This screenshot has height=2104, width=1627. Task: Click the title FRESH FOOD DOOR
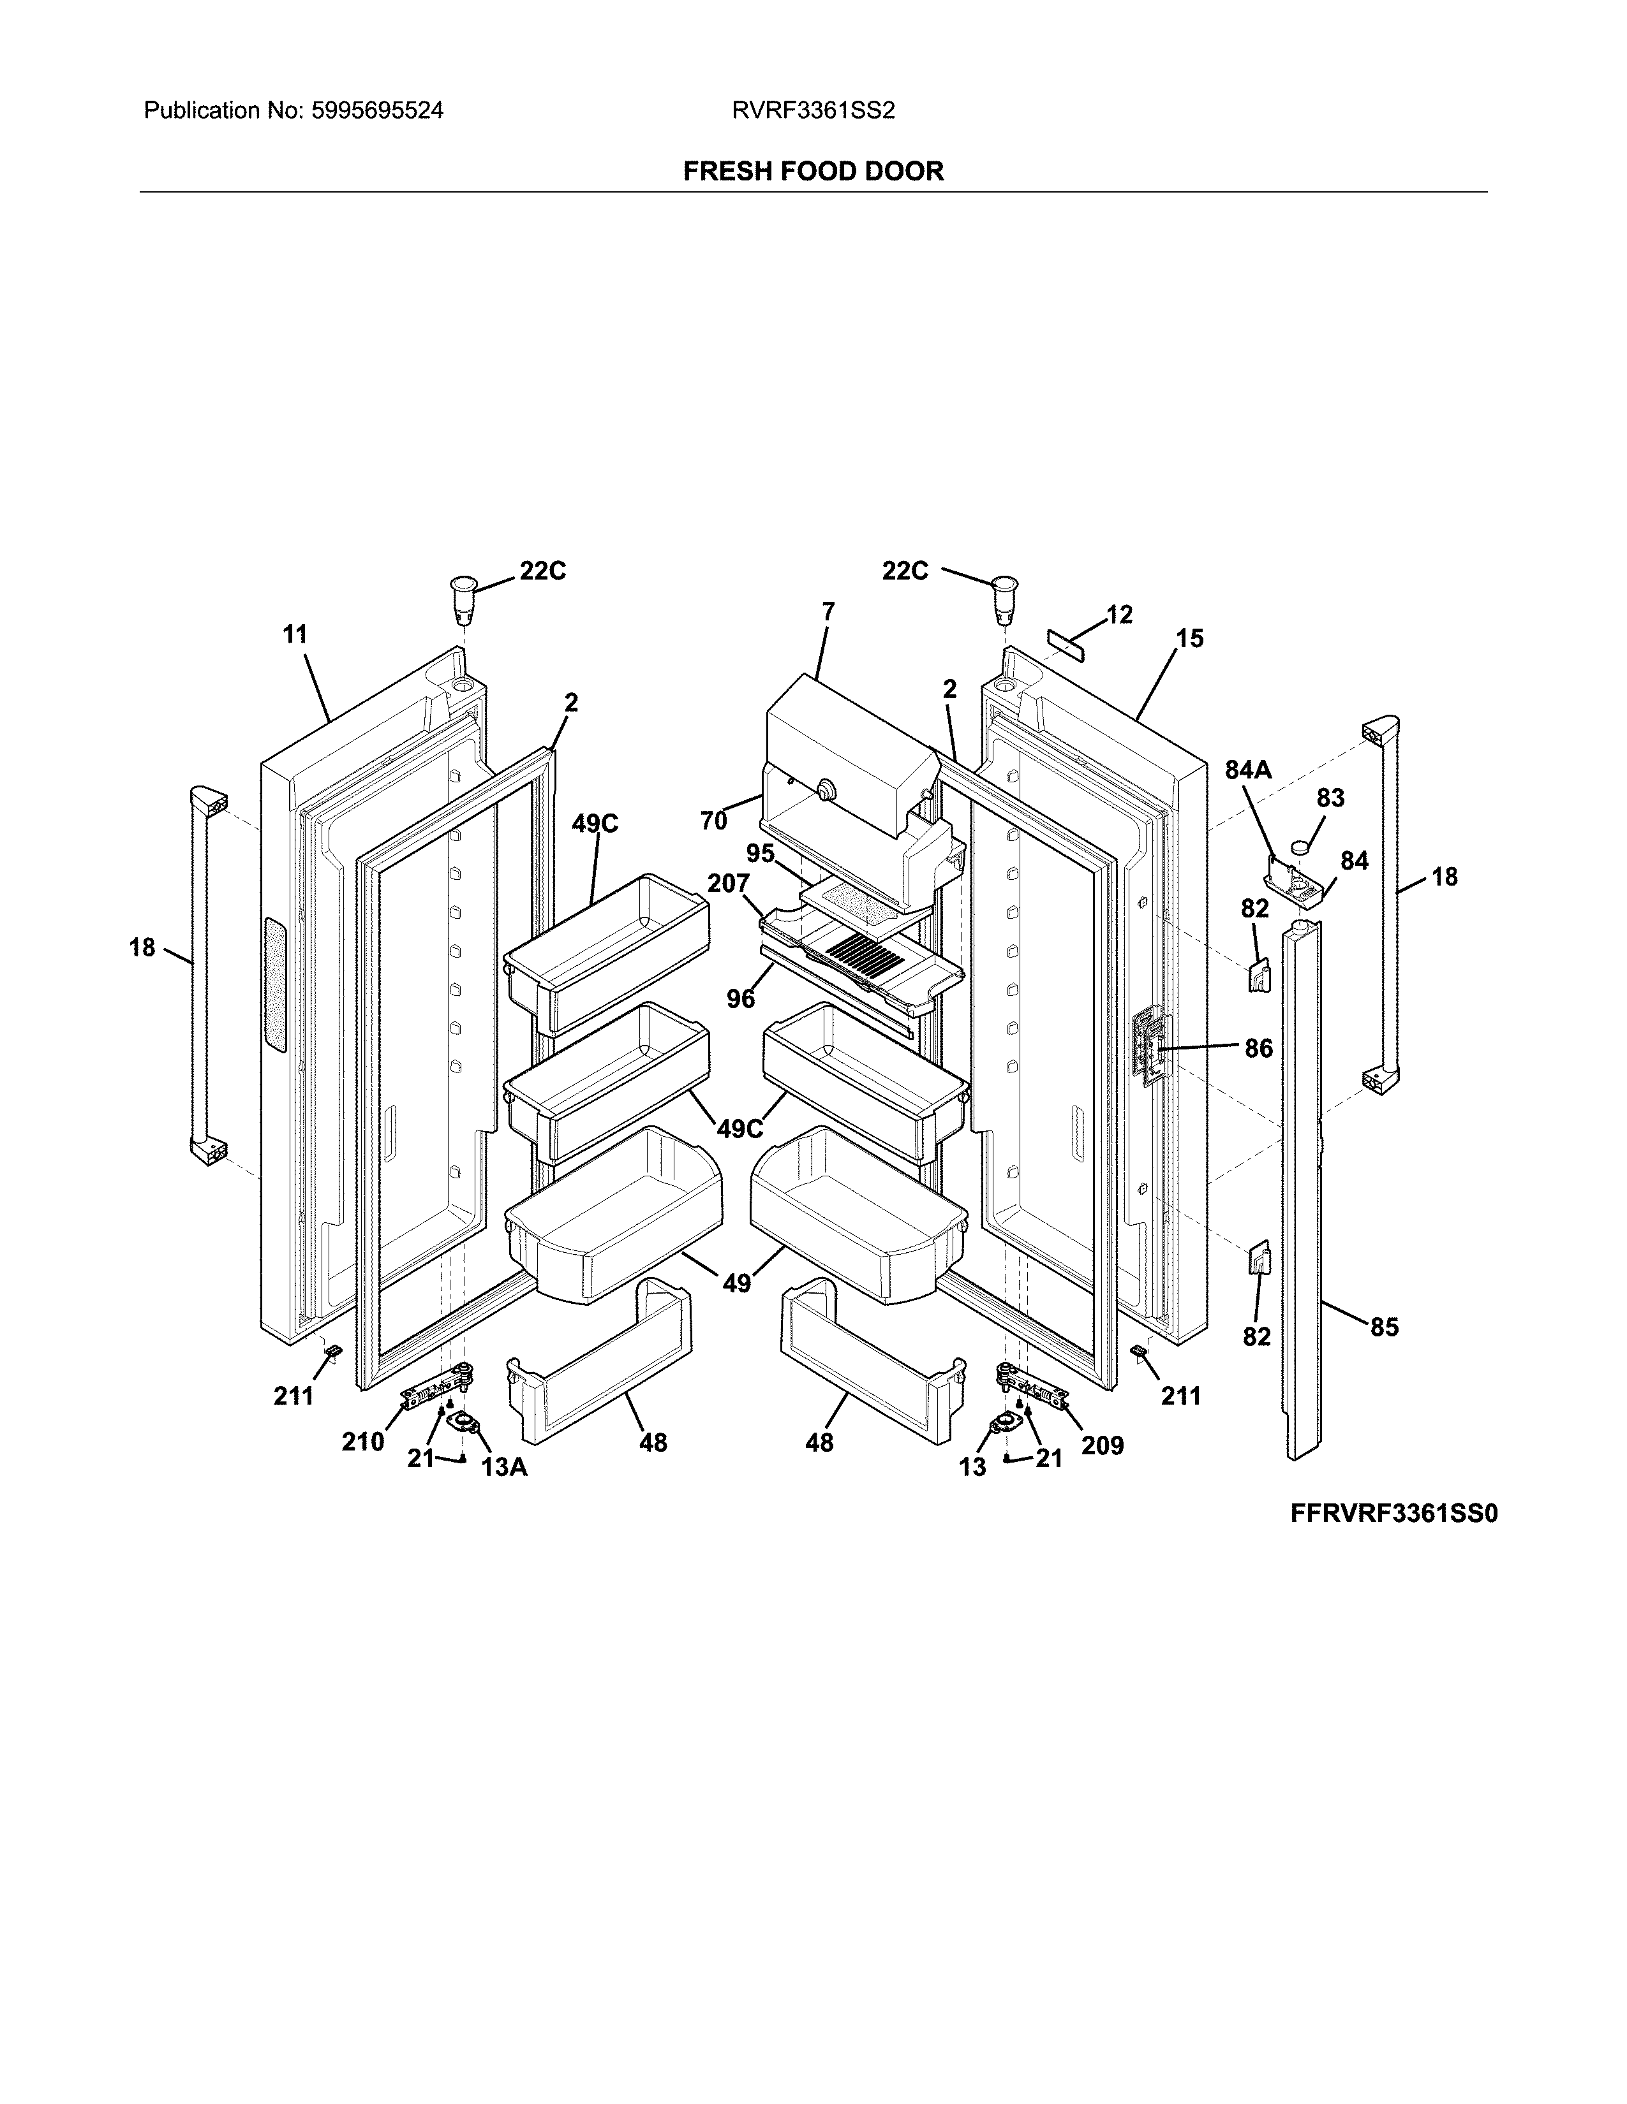point(812,172)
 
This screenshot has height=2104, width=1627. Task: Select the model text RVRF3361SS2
point(812,111)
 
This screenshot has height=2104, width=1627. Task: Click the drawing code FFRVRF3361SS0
point(1393,1514)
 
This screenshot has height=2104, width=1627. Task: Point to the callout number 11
point(295,635)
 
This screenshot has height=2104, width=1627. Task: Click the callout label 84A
point(1248,770)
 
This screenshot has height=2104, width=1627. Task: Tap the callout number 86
point(1259,1048)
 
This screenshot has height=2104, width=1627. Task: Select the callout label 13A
point(504,1467)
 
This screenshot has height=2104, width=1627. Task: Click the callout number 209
point(1103,1445)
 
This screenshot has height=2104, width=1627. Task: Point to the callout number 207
point(729,884)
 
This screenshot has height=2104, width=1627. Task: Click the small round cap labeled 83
point(1302,847)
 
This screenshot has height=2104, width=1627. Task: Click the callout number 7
point(828,611)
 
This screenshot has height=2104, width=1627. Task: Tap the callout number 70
point(713,821)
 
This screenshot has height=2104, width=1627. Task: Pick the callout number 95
point(761,854)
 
